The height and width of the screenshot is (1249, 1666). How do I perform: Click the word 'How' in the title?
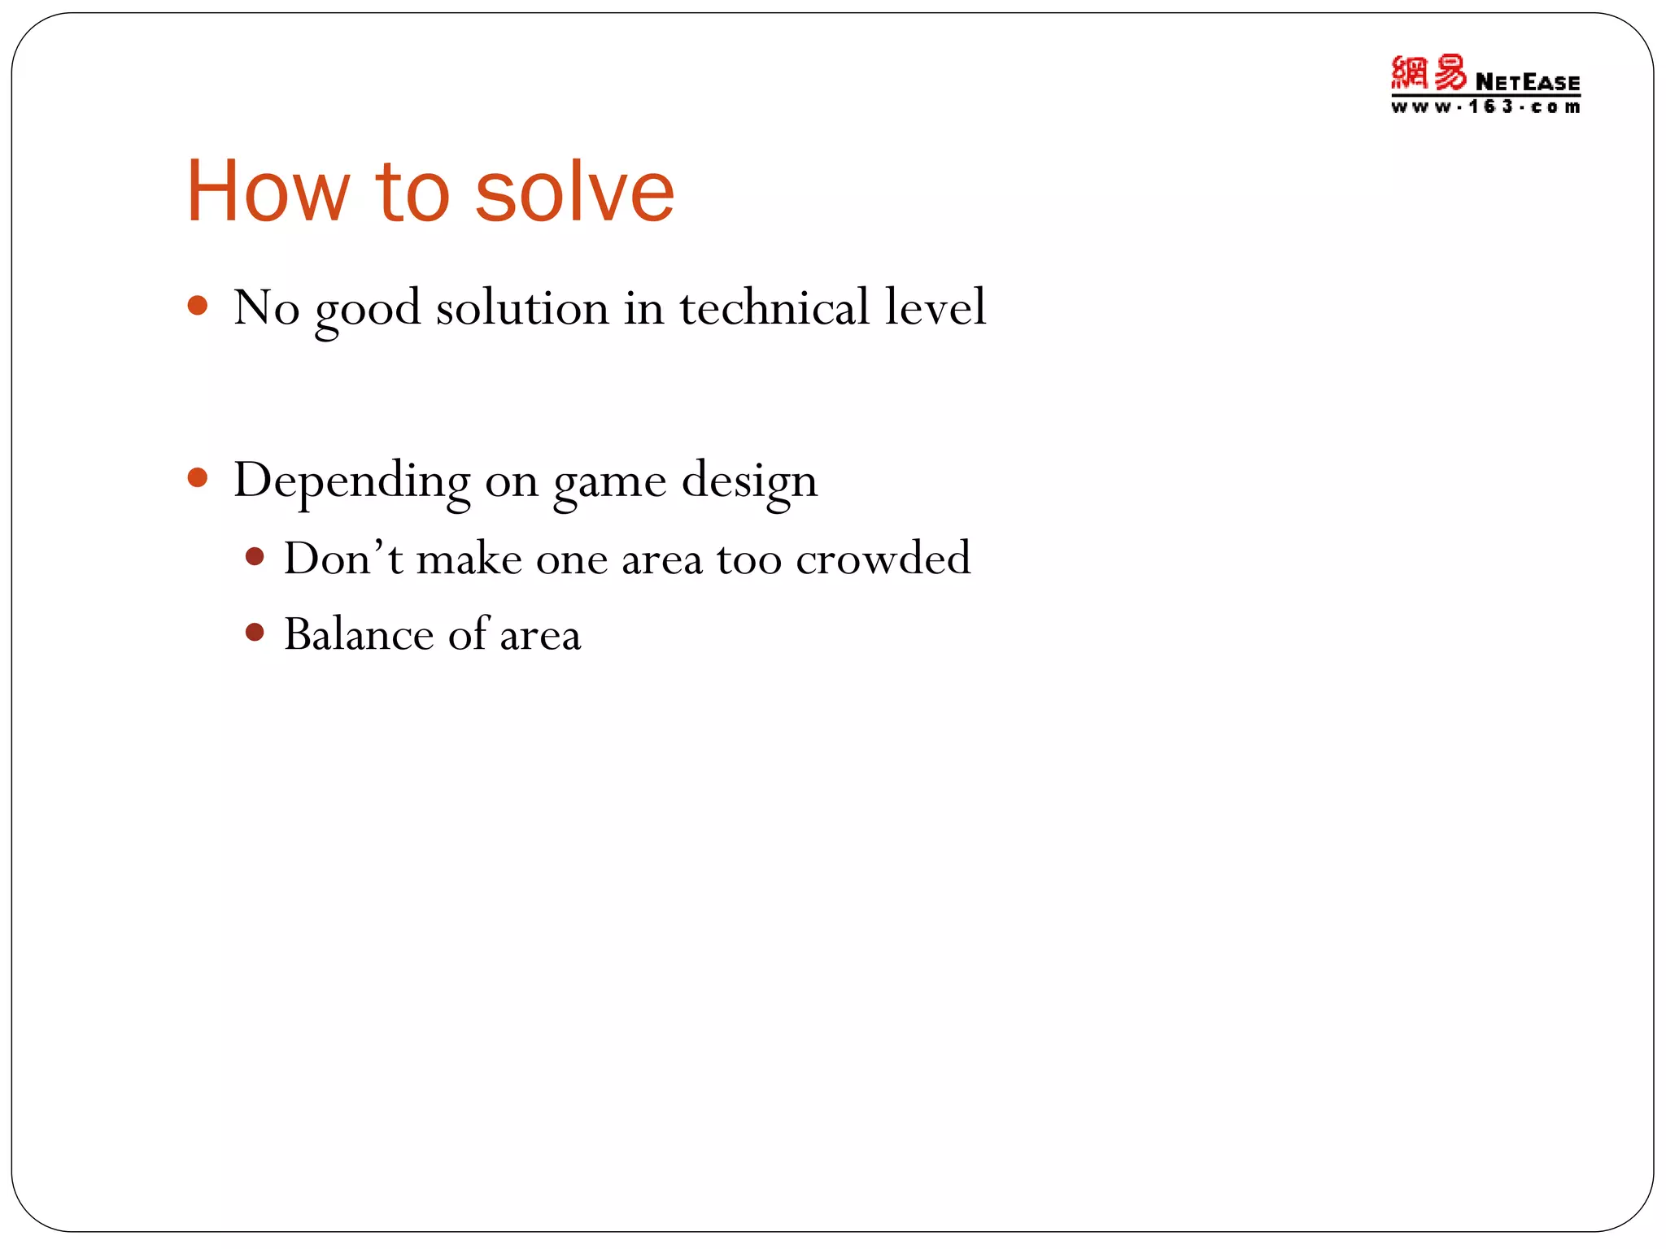(268, 192)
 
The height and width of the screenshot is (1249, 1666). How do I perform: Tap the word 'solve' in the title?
(574, 192)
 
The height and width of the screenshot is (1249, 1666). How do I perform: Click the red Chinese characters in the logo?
(1428, 74)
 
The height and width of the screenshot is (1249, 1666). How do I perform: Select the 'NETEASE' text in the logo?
(1527, 82)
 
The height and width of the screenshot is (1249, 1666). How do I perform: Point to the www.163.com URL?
(1485, 107)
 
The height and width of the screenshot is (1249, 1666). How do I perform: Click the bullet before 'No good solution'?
(198, 306)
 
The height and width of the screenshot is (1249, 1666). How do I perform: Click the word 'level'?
(935, 307)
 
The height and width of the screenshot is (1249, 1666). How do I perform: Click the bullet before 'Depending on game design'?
(198, 477)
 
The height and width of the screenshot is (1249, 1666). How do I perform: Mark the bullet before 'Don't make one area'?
(255, 557)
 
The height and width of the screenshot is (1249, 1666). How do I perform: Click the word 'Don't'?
(342, 559)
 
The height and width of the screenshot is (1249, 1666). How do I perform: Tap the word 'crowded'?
(883, 559)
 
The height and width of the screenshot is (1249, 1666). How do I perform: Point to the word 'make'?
(469, 559)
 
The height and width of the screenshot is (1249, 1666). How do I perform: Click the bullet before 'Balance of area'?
(255, 633)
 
